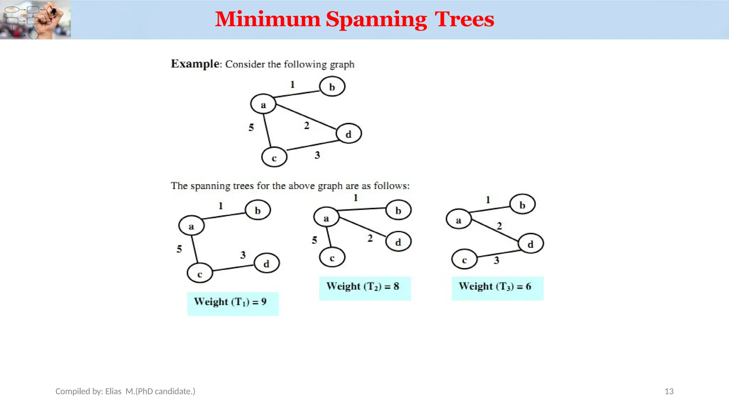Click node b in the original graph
[x=332, y=87]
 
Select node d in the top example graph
[x=348, y=134]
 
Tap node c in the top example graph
[x=274, y=158]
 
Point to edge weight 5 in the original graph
[x=251, y=127]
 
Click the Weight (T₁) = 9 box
[x=233, y=304]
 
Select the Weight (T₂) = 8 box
[x=365, y=288]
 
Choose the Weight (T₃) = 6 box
[x=497, y=288]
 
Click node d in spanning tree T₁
[x=266, y=263]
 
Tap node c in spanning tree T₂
[x=332, y=258]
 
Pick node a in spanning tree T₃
[x=458, y=220]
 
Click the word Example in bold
[x=195, y=64]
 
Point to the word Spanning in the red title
[x=376, y=19]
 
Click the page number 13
[x=669, y=391]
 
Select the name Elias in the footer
[x=113, y=391]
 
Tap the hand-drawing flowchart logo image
[x=35, y=20]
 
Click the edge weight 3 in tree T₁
[x=243, y=255]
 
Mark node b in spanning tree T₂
[x=398, y=210]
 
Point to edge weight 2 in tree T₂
[x=370, y=238]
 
